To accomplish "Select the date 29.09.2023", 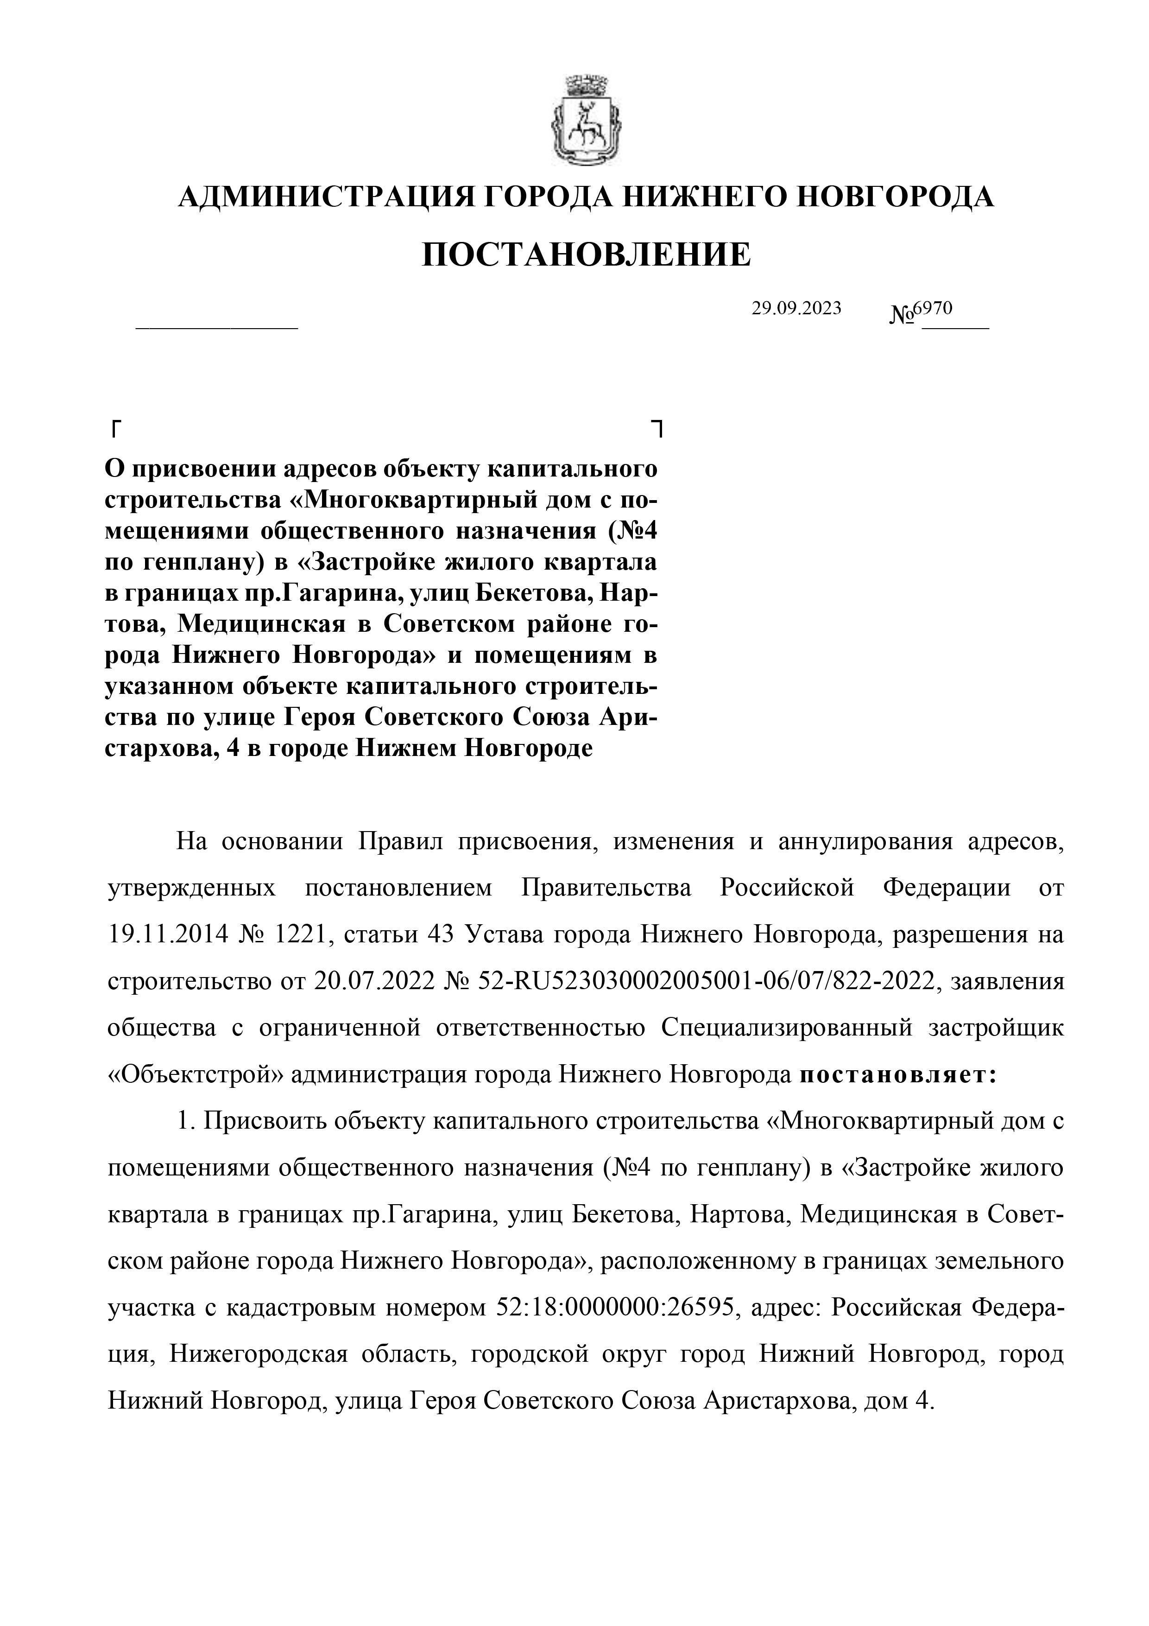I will click(796, 308).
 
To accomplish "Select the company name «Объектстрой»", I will click(196, 1074).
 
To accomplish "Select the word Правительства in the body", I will click(606, 889).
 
